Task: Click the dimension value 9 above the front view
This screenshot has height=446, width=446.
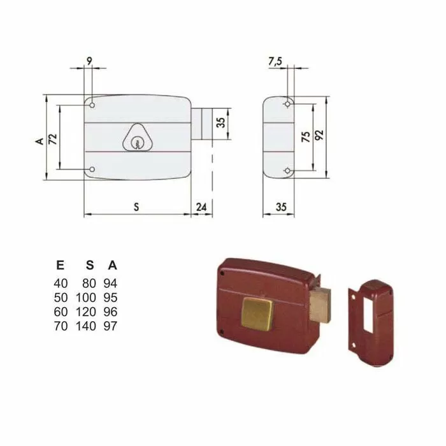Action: pyautogui.click(x=89, y=61)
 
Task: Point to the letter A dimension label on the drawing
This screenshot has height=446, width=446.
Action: pyautogui.click(x=40, y=140)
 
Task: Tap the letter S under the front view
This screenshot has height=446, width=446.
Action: pyautogui.click(x=136, y=206)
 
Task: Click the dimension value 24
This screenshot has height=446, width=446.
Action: pyautogui.click(x=201, y=206)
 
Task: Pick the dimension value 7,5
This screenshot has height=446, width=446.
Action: pyautogui.click(x=276, y=61)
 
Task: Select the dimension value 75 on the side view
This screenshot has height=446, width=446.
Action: pyautogui.click(x=306, y=137)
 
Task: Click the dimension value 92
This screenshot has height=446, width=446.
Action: pyautogui.click(x=320, y=136)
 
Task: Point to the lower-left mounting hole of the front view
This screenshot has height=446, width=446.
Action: pyautogui.click(x=92, y=169)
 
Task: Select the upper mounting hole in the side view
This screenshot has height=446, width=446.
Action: pyautogui.click(x=289, y=103)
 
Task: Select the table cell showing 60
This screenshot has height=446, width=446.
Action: pyautogui.click(x=60, y=312)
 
